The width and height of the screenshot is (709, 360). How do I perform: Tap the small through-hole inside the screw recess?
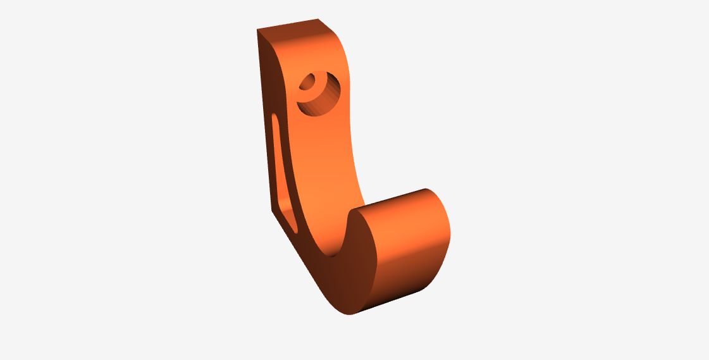click(311, 83)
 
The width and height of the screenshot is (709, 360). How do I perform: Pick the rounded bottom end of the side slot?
click(293, 225)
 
